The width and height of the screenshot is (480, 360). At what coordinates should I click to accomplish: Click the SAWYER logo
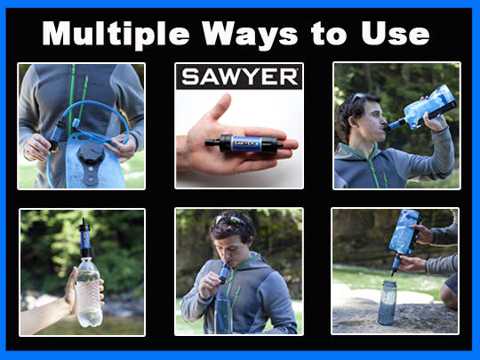(239, 76)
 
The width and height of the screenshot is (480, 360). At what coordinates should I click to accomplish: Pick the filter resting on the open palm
(236, 142)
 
